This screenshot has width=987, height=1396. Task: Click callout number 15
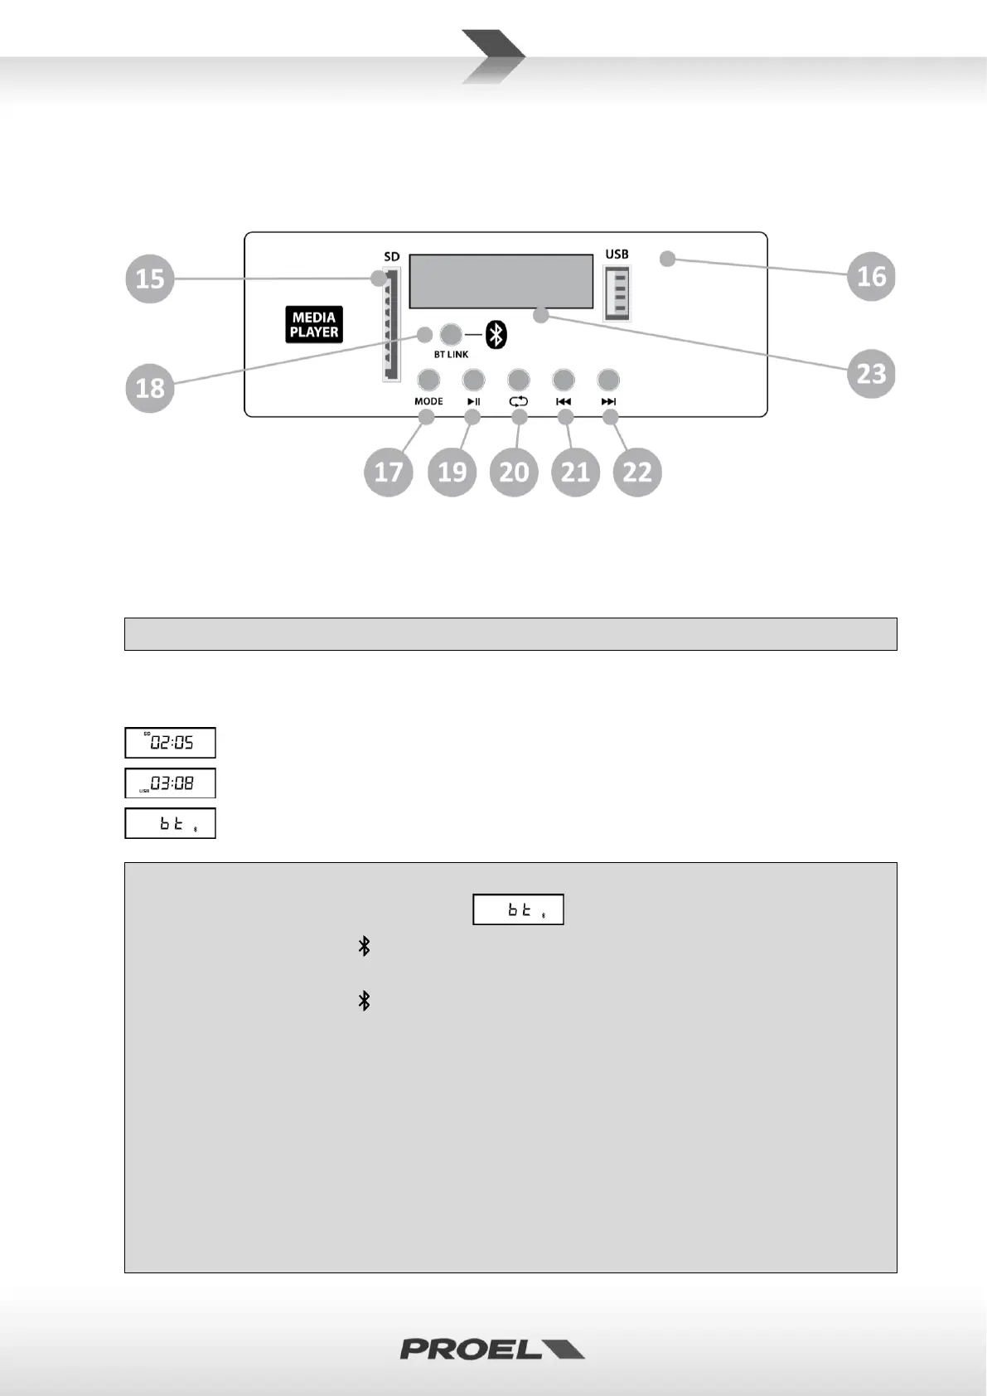click(x=150, y=278)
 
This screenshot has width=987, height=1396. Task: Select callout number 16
click(x=871, y=276)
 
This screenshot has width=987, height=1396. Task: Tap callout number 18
click(x=150, y=387)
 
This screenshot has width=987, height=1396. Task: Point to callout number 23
click(x=871, y=373)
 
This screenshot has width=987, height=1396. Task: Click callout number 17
click(x=389, y=472)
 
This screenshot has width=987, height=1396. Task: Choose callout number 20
click(x=514, y=472)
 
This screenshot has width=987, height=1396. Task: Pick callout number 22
click(x=637, y=472)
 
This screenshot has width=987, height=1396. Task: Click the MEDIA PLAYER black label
click(x=314, y=324)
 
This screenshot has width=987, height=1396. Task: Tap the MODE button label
click(x=428, y=401)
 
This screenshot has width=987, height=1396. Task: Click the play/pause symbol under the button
click(x=473, y=401)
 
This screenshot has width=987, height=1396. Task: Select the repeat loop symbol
click(x=519, y=401)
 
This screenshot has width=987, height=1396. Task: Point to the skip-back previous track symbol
click(x=564, y=401)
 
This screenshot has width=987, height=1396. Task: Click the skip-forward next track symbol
click(x=608, y=401)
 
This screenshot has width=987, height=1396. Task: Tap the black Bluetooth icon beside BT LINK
click(x=496, y=334)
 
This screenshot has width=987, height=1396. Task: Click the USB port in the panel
click(x=617, y=293)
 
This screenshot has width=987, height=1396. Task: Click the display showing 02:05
click(x=170, y=743)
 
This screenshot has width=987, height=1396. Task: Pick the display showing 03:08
click(x=170, y=783)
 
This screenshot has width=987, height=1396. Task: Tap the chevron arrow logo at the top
click(x=493, y=56)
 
